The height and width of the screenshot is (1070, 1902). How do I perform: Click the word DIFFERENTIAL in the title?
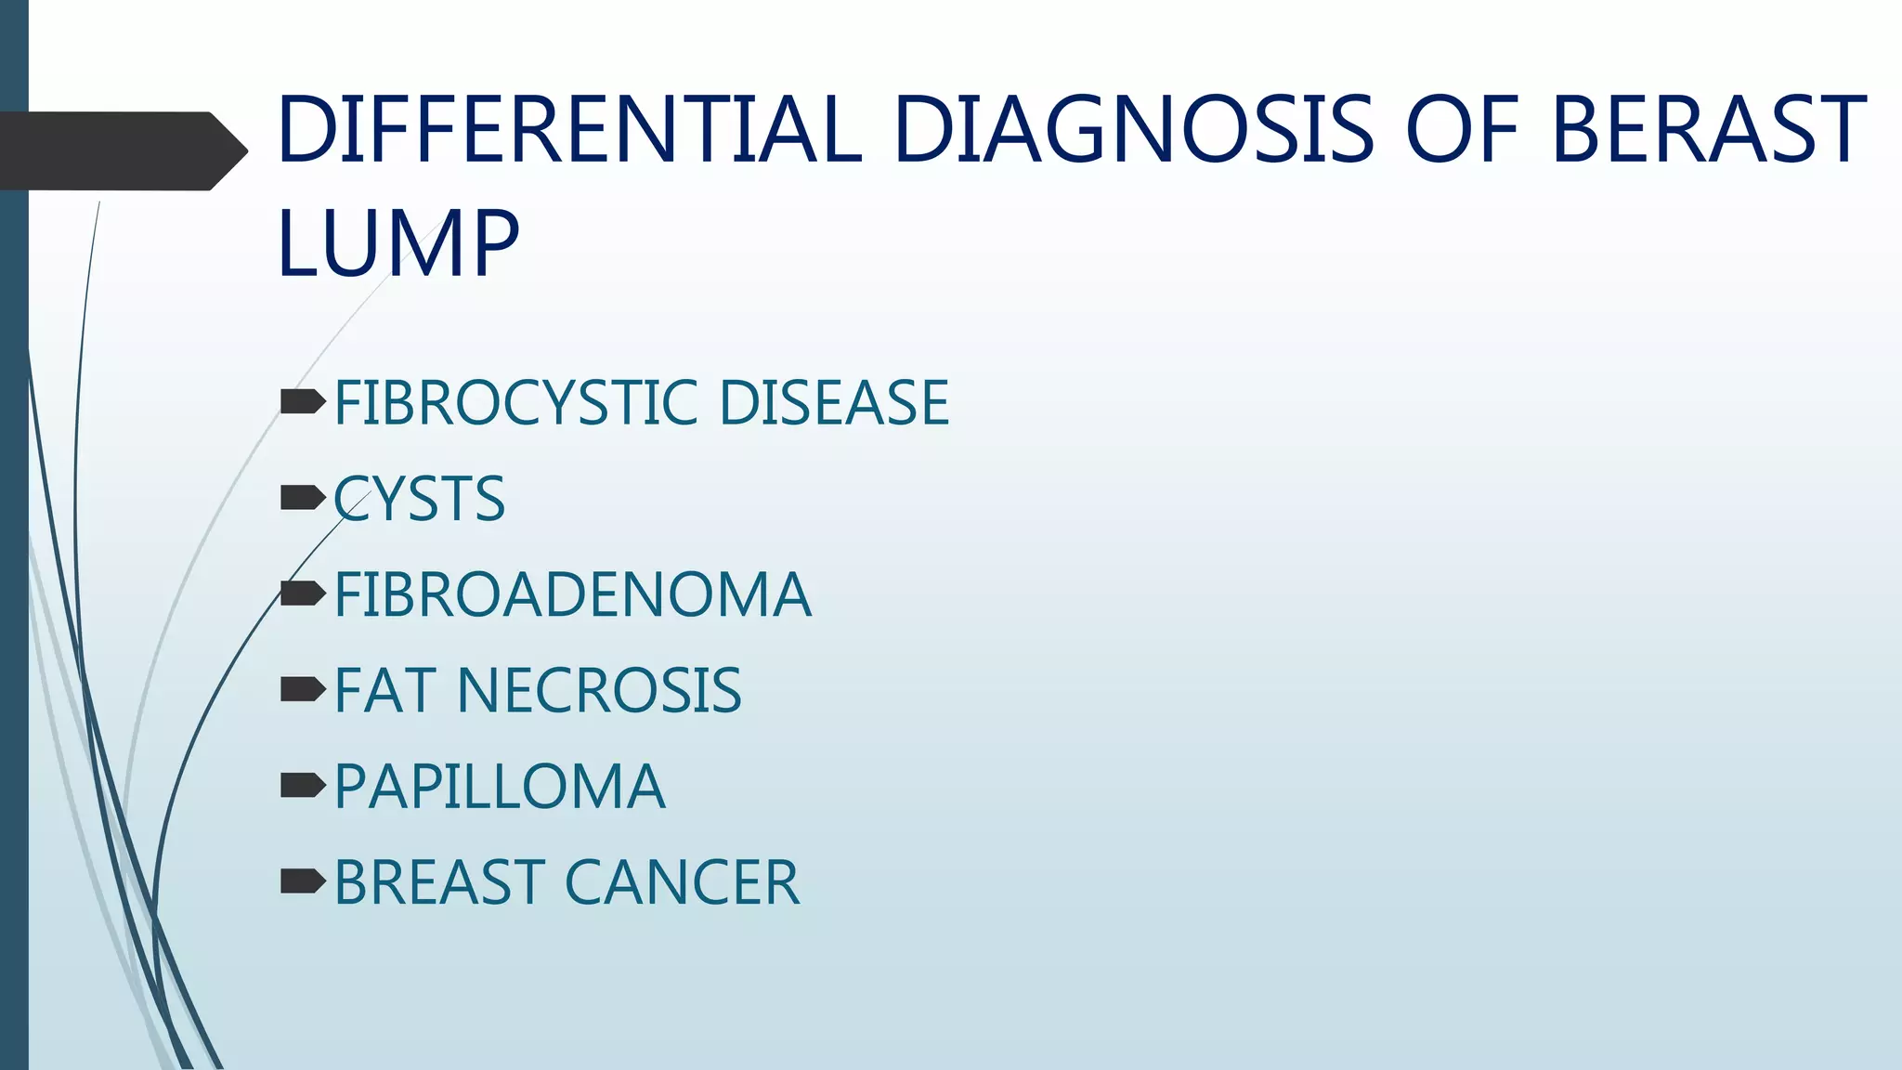coord(569,129)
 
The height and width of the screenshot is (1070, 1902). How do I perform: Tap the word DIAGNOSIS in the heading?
coord(1132,129)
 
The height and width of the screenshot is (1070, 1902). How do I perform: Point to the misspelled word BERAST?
coord(1708,129)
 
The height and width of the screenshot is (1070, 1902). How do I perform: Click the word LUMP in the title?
coord(397,243)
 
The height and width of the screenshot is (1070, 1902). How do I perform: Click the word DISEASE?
coord(833,403)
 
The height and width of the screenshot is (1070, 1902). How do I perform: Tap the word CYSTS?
coord(420,500)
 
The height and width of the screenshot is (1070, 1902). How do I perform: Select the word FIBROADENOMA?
coord(572,595)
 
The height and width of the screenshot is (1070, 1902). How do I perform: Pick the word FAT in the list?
coord(384,691)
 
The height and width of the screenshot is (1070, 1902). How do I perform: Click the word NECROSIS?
coord(599,691)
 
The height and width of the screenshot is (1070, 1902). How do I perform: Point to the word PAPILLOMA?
coord(500,787)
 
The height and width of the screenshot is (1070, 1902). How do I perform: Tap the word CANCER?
coord(682,882)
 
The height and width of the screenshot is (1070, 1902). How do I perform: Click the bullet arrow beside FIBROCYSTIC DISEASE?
coord(302,402)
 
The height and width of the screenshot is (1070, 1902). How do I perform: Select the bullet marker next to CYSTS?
coord(302,498)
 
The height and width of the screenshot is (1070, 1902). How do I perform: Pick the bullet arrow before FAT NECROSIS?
coord(302,689)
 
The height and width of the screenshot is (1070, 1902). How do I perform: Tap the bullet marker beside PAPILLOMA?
coord(302,786)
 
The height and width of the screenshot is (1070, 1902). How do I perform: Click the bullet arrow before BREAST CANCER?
coord(302,881)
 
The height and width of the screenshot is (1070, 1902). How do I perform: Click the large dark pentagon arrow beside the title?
coord(121,151)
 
